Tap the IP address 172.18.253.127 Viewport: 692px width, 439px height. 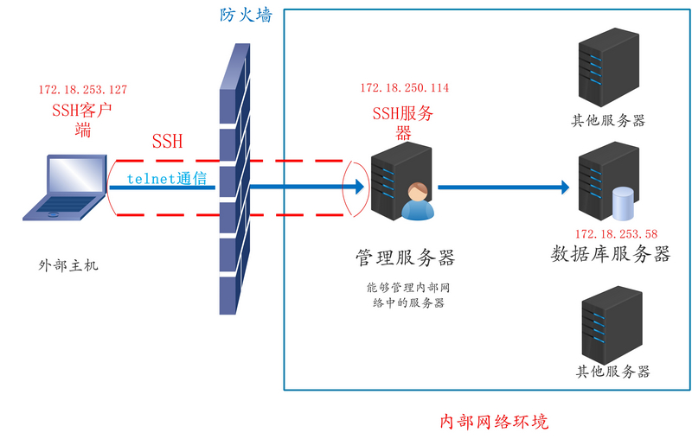(x=83, y=89)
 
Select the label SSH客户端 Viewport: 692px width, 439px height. (x=83, y=120)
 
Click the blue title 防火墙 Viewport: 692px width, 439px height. (x=245, y=15)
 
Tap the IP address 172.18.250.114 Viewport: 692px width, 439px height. (x=405, y=88)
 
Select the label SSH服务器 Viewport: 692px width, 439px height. (x=403, y=122)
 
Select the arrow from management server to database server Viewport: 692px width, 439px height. (x=503, y=187)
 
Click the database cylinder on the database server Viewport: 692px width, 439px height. (x=623, y=204)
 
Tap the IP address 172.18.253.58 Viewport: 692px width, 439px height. (x=616, y=234)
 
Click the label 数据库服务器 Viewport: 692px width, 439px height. (x=611, y=254)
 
